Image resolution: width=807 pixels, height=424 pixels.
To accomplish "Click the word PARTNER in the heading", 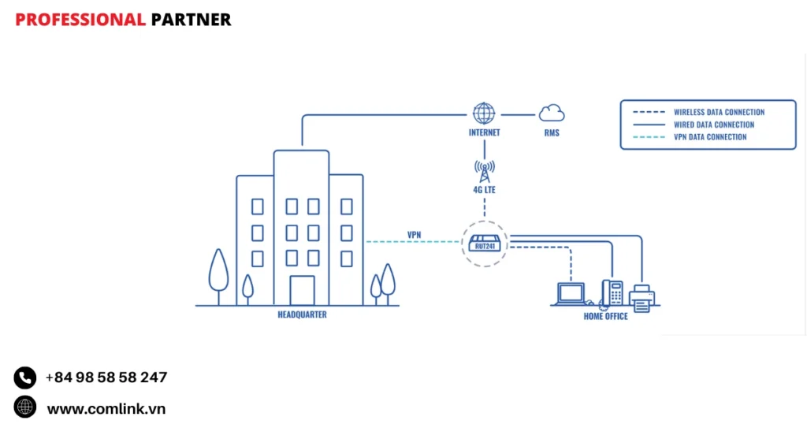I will (x=191, y=20).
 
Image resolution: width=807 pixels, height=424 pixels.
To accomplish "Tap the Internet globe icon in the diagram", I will (x=484, y=113).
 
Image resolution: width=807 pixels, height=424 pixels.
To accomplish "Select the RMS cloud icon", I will (x=551, y=113).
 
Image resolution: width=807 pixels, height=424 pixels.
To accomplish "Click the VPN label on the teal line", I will (x=414, y=235).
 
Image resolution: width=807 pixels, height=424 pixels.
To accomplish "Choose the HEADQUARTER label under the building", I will (x=302, y=314).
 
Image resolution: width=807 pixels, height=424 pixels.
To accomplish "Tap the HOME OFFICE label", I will (x=605, y=316).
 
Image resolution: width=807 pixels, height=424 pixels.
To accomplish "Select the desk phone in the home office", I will (x=612, y=293).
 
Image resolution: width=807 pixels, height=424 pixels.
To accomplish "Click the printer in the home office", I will (x=641, y=297).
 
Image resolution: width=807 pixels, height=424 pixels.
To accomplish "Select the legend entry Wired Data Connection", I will (x=714, y=125).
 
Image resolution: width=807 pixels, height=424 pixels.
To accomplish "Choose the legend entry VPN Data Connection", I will (x=710, y=137).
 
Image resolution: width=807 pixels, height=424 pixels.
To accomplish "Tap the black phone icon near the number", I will (x=25, y=378).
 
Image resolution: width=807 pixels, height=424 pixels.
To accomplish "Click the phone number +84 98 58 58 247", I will (x=106, y=378).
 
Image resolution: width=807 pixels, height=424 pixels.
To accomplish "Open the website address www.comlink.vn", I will (x=106, y=408).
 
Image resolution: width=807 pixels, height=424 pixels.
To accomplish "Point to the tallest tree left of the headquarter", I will (x=218, y=272).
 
